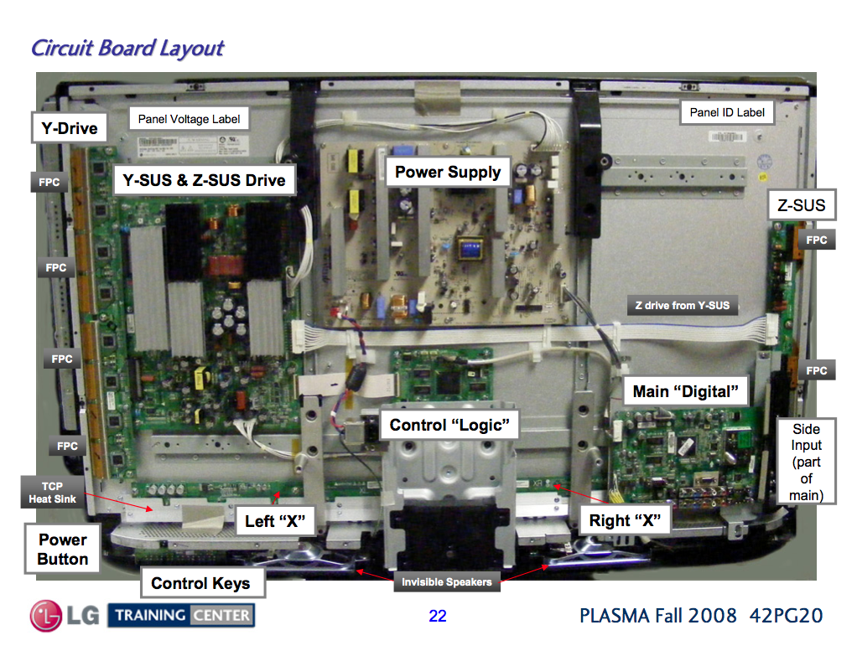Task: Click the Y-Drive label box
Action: coord(69,127)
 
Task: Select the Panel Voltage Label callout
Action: coord(190,118)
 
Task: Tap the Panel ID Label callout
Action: coord(727,112)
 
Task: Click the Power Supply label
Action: coord(448,172)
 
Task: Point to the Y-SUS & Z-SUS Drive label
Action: coord(205,179)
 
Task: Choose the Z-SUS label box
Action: coord(802,204)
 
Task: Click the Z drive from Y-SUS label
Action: coord(682,305)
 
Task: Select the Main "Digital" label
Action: coord(685,391)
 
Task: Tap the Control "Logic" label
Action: coord(449,425)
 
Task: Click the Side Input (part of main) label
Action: coord(806,462)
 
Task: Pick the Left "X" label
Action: coord(275,520)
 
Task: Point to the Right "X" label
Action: coord(625,520)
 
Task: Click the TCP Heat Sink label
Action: coord(53,492)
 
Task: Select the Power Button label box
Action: coord(62,549)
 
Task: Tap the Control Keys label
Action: coord(200,583)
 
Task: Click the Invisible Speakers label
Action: coord(447,581)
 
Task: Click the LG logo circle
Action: coord(46,616)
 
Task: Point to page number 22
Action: coord(437,616)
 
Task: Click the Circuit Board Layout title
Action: coord(127,48)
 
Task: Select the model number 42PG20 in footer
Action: coord(786,616)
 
